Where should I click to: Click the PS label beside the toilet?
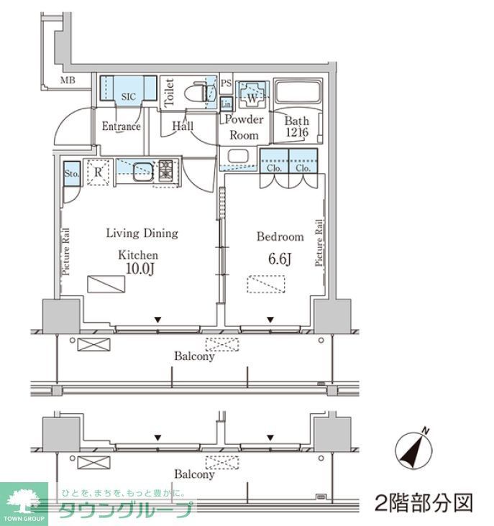[226, 83]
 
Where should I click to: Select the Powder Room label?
[245, 127]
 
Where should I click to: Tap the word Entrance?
[120, 127]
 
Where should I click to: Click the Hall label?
[182, 126]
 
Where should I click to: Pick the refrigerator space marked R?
[99, 171]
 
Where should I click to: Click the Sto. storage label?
[70, 173]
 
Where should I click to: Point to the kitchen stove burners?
[166, 171]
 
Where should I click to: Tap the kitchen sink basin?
[141, 170]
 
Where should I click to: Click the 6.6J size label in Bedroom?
[279, 259]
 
